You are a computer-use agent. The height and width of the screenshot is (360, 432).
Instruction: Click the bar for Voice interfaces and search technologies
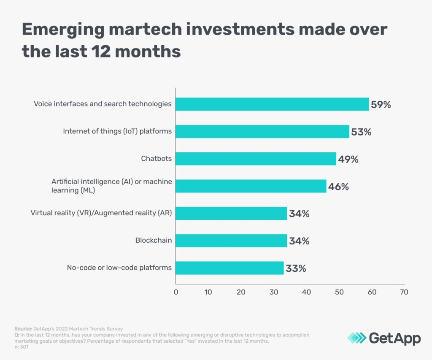(272, 104)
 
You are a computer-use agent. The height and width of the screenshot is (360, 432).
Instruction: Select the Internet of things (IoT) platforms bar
(262, 132)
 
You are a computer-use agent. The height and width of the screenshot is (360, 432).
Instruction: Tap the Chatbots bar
(256, 159)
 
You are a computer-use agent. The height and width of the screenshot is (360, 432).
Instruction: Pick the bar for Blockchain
(231, 241)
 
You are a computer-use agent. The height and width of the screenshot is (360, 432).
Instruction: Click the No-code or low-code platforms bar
(229, 268)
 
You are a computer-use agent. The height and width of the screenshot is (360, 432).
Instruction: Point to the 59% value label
(381, 105)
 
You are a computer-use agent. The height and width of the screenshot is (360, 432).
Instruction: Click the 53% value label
(361, 132)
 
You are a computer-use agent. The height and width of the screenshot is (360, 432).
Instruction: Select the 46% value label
(338, 187)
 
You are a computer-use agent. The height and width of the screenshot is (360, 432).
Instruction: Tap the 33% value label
(296, 268)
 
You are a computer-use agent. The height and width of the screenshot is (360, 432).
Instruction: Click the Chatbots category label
(156, 159)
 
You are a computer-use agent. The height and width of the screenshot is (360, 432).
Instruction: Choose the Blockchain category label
(154, 241)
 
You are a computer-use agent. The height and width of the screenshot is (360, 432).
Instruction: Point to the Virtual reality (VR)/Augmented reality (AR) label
(101, 214)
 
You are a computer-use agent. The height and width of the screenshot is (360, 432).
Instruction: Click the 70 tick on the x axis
(404, 292)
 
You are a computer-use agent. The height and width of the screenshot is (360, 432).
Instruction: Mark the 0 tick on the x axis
(175, 292)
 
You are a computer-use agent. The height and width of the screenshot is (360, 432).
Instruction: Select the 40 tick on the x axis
(306, 292)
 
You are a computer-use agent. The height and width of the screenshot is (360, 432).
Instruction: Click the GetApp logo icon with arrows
(356, 338)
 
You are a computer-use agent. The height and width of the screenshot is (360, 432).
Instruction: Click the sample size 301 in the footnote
(24, 347)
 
